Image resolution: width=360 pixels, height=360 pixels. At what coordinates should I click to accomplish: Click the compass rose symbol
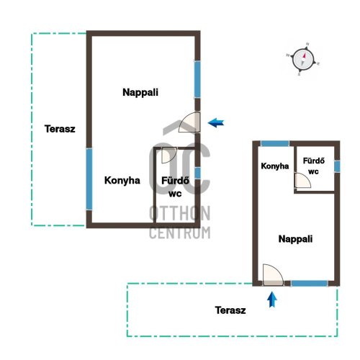(x=303, y=59)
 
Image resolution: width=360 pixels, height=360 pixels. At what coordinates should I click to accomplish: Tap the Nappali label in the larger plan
(x=140, y=92)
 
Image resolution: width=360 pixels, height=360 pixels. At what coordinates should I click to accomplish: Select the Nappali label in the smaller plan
(x=295, y=239)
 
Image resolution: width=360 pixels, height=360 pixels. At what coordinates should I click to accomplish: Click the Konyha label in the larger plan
(x=122, y=181)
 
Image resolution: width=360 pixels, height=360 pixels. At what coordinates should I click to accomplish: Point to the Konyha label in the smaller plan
(x=275, y=166)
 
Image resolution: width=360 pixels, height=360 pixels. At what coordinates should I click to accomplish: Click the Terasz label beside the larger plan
(x=60, y=129)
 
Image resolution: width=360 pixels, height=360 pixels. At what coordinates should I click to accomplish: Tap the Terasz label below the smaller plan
(x=230, y=310)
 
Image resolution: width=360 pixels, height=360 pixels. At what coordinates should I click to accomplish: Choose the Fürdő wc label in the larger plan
(x=175, y=187)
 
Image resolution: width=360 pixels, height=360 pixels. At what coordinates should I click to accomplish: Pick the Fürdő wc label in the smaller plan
(x=314, y=166)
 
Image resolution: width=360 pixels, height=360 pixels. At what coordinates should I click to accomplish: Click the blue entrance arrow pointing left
(x=216, y=123)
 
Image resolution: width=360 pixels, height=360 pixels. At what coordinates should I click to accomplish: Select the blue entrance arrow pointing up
(x=272, y=300)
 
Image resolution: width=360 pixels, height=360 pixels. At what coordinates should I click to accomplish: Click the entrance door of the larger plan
(x=190, y=122)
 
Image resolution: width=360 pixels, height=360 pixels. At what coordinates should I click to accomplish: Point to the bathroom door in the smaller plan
(x=302, y=180)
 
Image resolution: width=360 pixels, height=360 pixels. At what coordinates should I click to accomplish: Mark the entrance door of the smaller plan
(x=273, y=275)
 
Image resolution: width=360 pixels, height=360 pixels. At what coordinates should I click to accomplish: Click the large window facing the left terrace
(x=89, y=179)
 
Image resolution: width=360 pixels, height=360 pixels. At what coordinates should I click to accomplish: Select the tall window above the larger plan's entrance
(x=197, y=79)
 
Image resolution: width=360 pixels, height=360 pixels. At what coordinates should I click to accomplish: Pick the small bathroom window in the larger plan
(x=197, y=173)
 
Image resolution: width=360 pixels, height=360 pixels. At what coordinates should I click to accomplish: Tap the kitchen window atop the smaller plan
(x=275, y=143)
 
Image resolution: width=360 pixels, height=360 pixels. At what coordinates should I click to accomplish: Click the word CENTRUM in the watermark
(x=180, y=233)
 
